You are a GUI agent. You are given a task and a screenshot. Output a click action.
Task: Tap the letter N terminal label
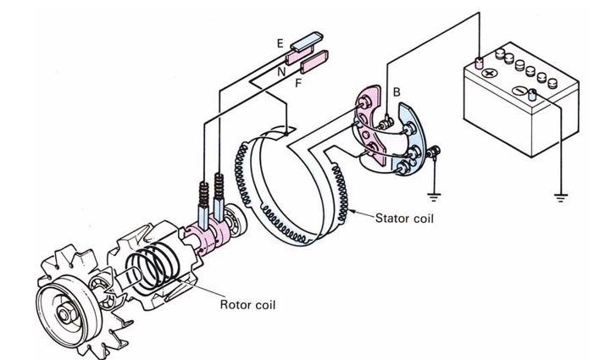point(280,73)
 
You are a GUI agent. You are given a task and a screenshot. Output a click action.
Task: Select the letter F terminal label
point(298,82)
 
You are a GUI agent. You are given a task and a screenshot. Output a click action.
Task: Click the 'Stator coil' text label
point(404,218)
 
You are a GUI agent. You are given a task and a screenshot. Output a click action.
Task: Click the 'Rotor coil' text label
point(247,304)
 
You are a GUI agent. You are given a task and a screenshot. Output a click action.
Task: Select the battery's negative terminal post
point(532,93)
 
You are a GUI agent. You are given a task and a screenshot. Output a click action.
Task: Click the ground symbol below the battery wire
point(559,200)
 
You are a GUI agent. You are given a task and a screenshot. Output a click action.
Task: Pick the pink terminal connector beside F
point(314,62)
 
